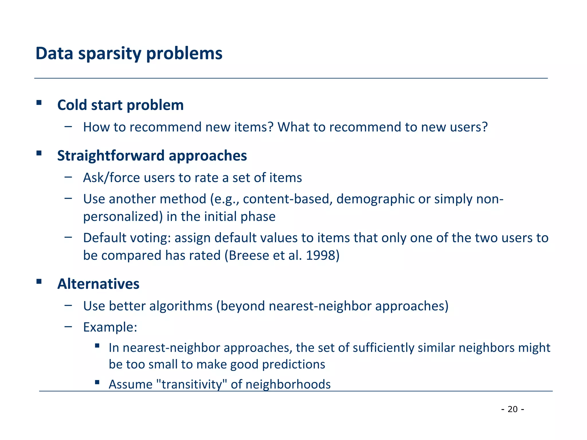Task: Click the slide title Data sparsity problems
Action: click(129, 54)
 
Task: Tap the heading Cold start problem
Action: click(120, 105)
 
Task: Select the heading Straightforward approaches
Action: click(152, 156)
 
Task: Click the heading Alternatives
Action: click(98, 284)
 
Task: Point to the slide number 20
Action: click(512, 409)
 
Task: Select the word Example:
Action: click(110, 327)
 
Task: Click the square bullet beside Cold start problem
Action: click(39, 103)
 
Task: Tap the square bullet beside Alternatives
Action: click(39, 281)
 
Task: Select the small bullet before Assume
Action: click(97, 382)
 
